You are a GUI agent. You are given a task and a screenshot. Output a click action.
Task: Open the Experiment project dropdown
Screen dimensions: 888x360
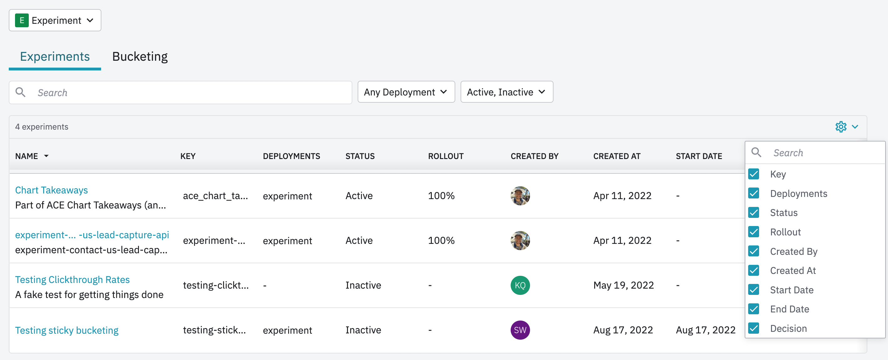[x=55, y=20]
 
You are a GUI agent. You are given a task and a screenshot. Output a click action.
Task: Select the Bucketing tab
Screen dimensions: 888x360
[x=140, y=57]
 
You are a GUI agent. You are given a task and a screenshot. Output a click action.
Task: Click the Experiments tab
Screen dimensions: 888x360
[x=55, y=57]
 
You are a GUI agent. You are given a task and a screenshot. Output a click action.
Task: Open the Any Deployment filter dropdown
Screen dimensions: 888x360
[x=406, y=92]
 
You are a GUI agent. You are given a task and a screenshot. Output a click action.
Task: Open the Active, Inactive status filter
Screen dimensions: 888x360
[x=507, y=92]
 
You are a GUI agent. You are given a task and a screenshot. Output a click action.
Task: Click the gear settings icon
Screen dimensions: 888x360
[x=841, y=127]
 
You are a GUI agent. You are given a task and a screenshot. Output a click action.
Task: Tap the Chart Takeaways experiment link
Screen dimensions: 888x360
[x=51, y=190]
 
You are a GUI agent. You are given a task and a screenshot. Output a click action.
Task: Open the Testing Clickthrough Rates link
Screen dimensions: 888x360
[x=72, y=280]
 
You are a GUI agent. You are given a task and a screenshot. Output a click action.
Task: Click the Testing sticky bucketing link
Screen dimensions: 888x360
[x=67, y=330]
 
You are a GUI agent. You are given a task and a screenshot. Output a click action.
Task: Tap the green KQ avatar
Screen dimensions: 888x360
[x=520, y=285]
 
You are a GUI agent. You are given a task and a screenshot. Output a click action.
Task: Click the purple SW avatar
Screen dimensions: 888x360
[x=520, y=330]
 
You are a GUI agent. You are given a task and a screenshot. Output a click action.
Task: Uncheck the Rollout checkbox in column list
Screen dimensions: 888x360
[x=753, y=232]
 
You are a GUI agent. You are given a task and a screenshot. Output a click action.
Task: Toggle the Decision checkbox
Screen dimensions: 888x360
[x=753, y=328]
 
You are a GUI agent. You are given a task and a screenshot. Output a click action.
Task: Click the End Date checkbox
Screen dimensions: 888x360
[x=753, y=309]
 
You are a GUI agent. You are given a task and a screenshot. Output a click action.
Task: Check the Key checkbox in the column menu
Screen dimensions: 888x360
[x=753, y=174]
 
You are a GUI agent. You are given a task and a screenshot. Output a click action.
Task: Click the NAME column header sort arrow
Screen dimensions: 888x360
[x=46, y=156]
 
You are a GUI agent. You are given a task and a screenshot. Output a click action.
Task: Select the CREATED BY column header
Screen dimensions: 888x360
[x=534, y=156]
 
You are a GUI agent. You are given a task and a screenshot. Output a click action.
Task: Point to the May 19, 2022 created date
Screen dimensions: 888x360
[x=623, y=285]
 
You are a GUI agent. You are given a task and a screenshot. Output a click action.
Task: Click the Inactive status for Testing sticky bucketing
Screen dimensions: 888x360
[x=363, y=330]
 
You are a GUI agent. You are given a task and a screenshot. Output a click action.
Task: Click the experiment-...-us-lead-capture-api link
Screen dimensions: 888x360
[x=92, y=235]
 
